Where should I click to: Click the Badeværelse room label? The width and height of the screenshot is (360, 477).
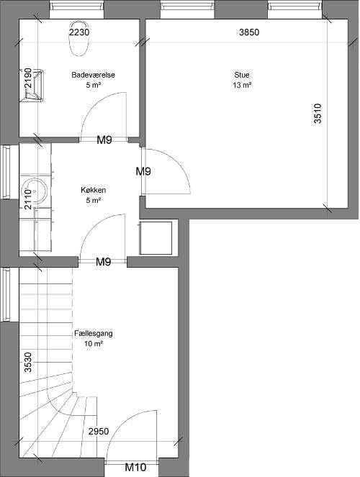93,75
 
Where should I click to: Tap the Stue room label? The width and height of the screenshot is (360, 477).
242,75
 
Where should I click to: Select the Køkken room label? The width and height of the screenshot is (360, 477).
94,190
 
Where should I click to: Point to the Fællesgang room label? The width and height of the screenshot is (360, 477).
94,333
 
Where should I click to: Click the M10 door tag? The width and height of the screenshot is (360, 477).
136,467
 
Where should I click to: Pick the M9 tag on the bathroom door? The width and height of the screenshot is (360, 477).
104,140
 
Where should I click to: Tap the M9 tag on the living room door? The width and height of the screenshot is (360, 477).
143,171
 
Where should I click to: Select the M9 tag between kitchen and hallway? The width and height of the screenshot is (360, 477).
104,262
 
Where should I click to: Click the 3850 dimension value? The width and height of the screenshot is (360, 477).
249,32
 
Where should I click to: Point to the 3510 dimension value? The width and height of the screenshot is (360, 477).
318,114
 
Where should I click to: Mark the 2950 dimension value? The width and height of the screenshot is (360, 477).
99,432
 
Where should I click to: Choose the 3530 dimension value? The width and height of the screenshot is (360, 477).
28,362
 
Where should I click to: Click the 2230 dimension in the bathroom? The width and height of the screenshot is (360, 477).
79,32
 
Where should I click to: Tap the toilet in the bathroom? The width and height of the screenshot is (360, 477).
79,39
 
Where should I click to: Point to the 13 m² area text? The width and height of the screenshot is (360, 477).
242,85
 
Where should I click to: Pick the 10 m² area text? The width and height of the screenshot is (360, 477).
94,344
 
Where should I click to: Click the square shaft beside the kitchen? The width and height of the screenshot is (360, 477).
156,238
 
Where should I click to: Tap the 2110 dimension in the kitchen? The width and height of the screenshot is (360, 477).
28,199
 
